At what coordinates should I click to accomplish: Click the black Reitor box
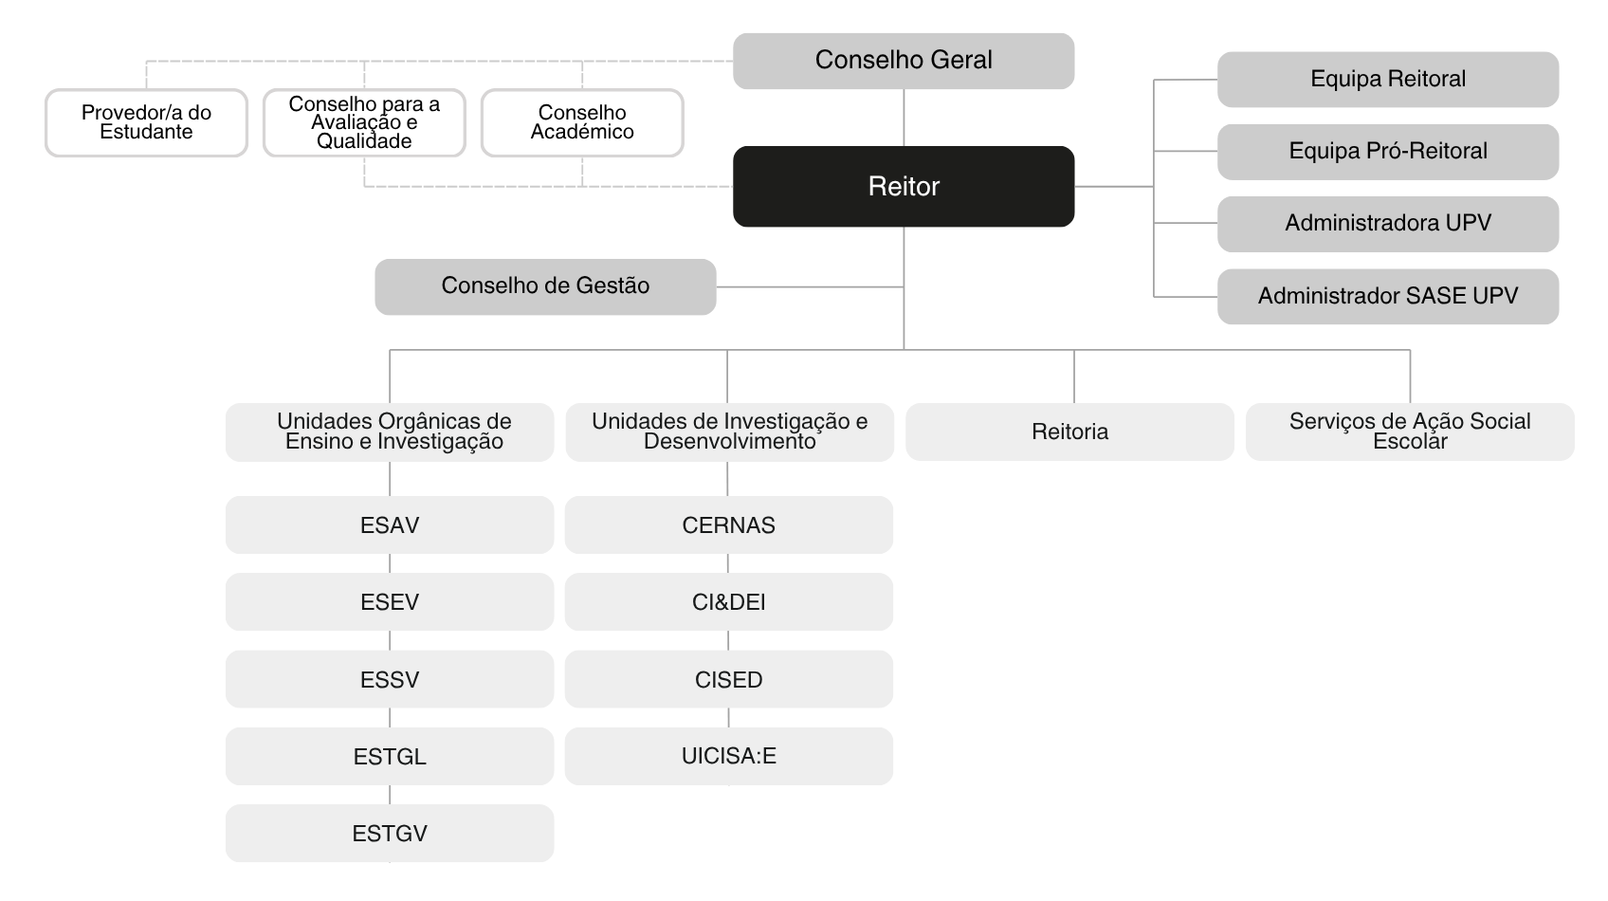point(903,187)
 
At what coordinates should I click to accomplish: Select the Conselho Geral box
point(903,61)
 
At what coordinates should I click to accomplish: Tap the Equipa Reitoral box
point(1388,80)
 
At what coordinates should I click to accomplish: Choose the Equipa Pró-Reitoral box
point(1388,152)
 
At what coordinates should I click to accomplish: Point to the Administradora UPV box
point(1388,224)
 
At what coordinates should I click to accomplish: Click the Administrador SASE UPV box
point(1388,297)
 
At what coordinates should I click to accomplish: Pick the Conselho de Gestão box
point(545,287)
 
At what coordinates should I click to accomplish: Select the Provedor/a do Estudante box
point(146,122)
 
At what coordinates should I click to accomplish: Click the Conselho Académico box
point(582,122)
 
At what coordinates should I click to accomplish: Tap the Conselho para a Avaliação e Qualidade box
point(364,122)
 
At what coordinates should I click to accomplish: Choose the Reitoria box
point(1069,432)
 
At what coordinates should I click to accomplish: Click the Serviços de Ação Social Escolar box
point(1410,432)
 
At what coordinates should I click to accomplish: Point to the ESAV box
point(390,524)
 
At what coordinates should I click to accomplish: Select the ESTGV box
point(390,834)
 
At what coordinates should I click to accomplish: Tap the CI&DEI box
point(728,601)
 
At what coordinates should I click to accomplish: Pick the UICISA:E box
point(728,756)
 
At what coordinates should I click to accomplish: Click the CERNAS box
point(728,524)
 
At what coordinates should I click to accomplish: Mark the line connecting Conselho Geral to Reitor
point(903,118)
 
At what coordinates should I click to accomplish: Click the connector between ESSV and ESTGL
point(390,718)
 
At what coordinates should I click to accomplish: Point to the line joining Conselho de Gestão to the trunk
point(810,287)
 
